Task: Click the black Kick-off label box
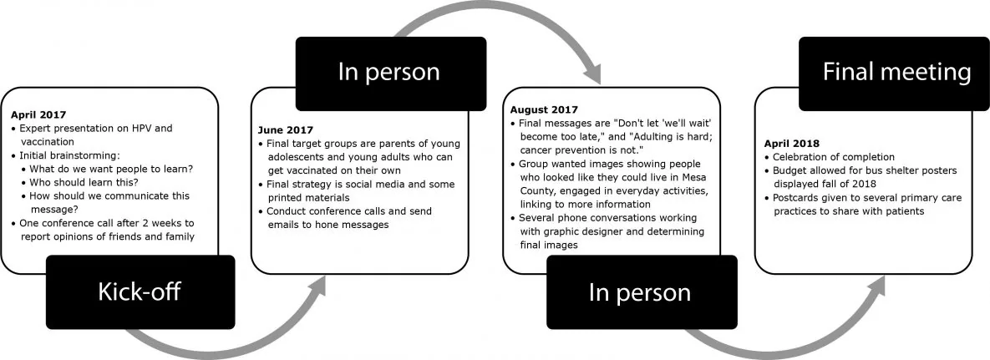[x=140, y=292]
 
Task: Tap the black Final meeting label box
[x=896, y=73]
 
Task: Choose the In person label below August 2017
[x=640, y=292]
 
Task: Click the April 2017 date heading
[x=38, y=114]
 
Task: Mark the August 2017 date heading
[x=545, y=109]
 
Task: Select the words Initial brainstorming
[x=69, y=156]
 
